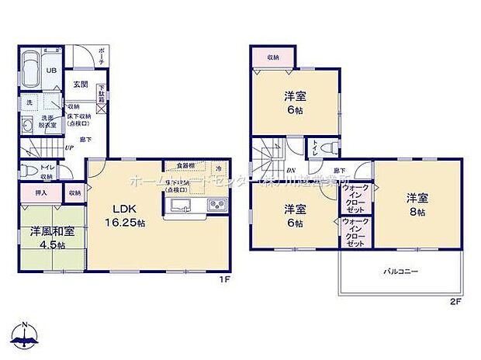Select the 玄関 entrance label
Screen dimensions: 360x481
pyautogui.click(x=80, y=85)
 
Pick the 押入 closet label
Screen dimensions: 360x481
pyautogui.click(x=42, y=192)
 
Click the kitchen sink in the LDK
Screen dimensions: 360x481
pyautogui.click(x=180, y=206)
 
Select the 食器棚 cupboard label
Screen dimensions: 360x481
pyautogui.click(x=185, y=166)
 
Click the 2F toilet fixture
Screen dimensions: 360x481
pyautogui.click(x=329, y=146)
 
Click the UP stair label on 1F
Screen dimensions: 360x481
pyautogui.click(x=69, y=147)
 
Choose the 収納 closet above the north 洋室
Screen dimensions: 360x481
pyautogui.click(x=273, y=57)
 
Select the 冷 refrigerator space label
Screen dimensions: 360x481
pyautogui.click(x=219, y=167)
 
